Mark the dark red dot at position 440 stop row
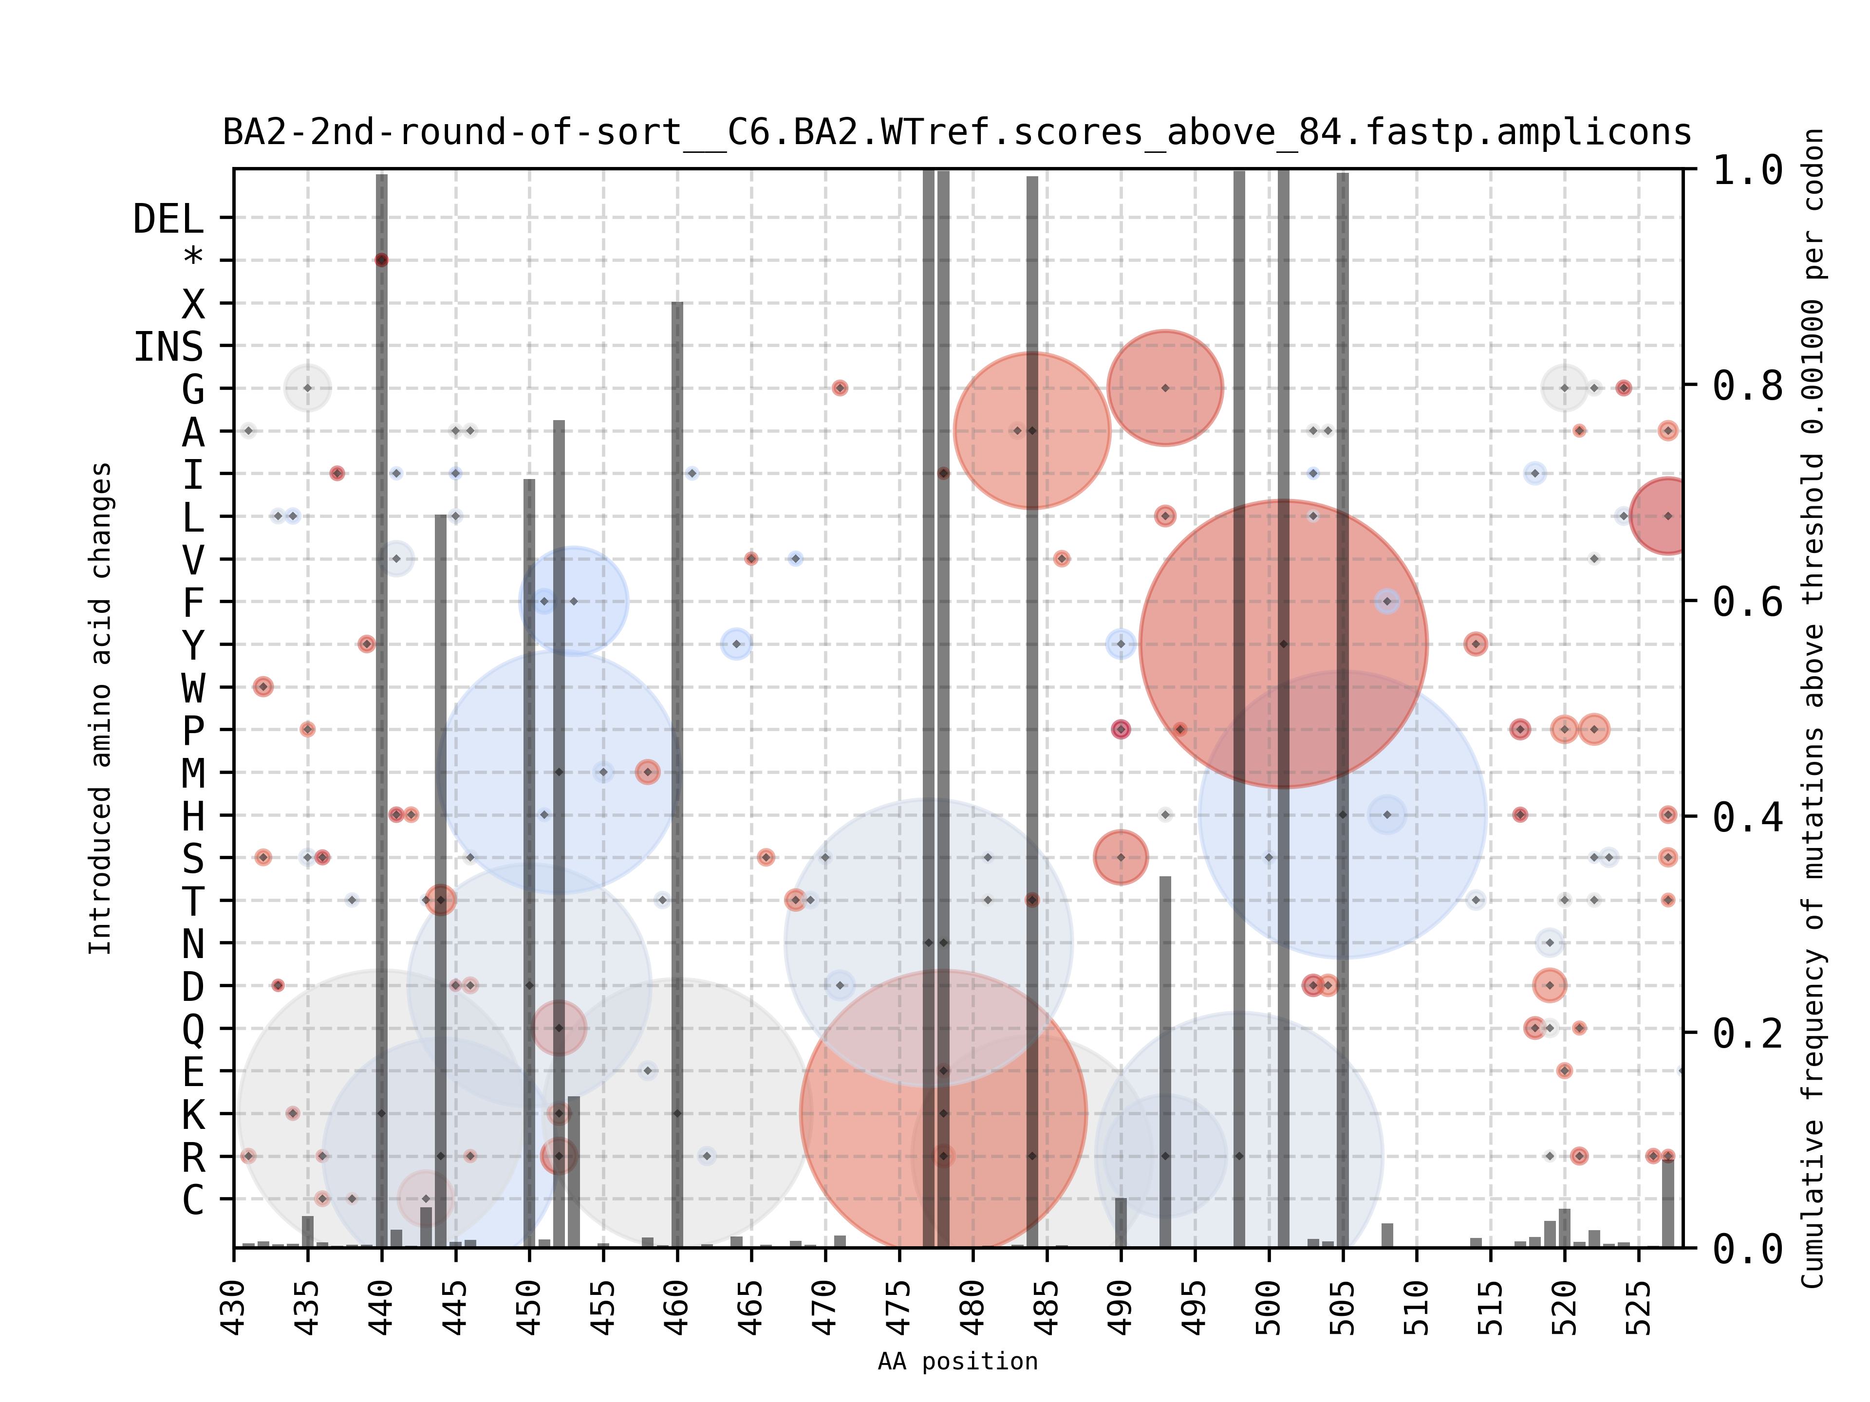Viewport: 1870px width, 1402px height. coord(381,260)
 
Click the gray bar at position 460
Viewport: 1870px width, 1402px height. coord(677,760)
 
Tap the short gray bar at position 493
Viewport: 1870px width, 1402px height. coord(1165,1056)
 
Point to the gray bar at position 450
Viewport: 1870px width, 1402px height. coord(529,845)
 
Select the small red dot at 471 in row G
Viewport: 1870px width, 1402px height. coord(840,388)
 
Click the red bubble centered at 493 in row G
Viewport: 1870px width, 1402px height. coord(1165,388)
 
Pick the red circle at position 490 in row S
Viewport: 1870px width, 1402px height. coord(1120,857)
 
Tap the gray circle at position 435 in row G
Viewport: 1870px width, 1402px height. coord(308,388)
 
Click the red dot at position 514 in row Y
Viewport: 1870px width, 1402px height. coord(1475,644)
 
